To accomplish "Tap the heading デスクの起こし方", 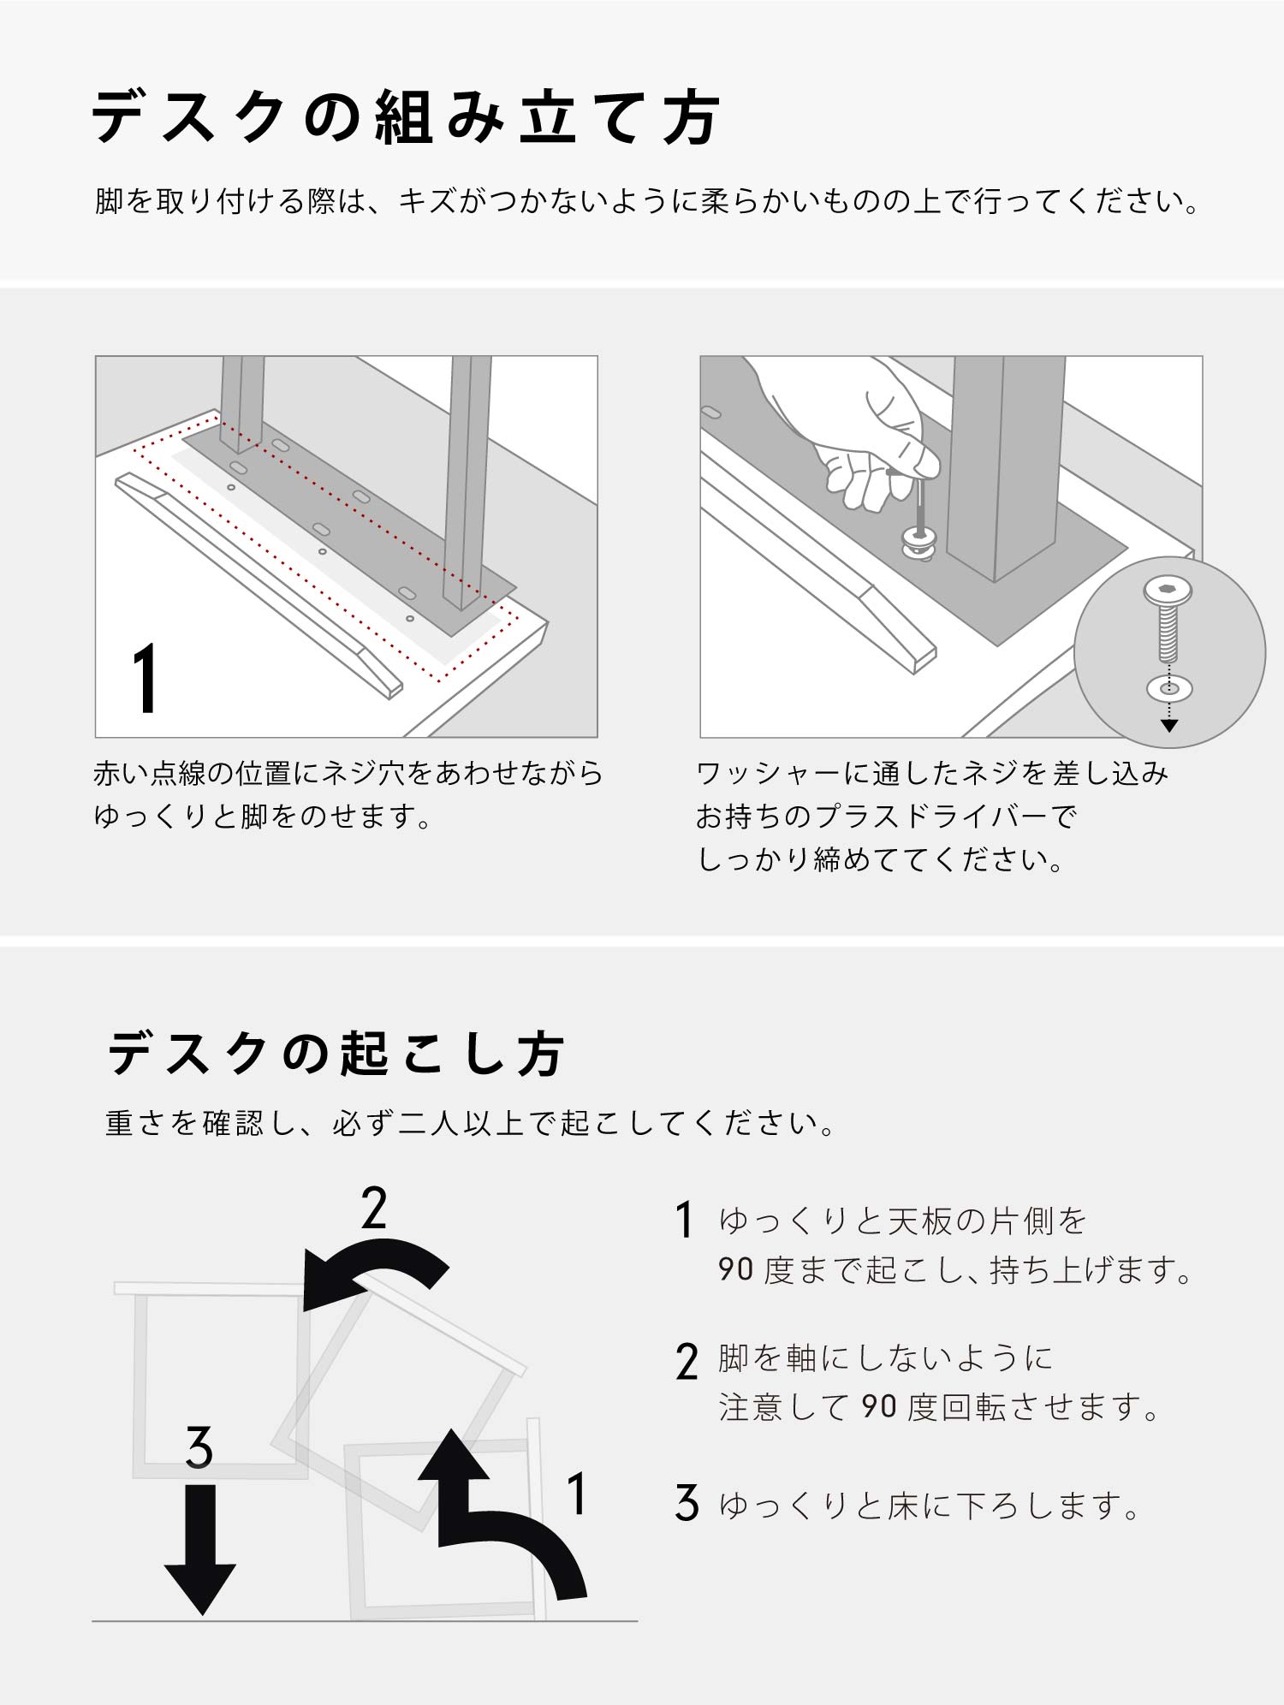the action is (x=336, y=1054).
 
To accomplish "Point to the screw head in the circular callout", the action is (x=1168, y=591).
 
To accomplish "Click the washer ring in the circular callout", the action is (x=1169, y=687).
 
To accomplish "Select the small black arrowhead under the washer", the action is (x=1169, y=726).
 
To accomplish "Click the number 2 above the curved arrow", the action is (x=374, y=1208).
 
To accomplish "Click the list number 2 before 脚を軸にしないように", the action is (x=687, y=1361).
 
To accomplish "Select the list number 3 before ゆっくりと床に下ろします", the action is (x=687, y=1503).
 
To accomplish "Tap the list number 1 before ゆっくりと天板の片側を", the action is (x=683, y=1220).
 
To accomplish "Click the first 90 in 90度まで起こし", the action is (x=736, y=1269).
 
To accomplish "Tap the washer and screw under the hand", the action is (x=919, y=531).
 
